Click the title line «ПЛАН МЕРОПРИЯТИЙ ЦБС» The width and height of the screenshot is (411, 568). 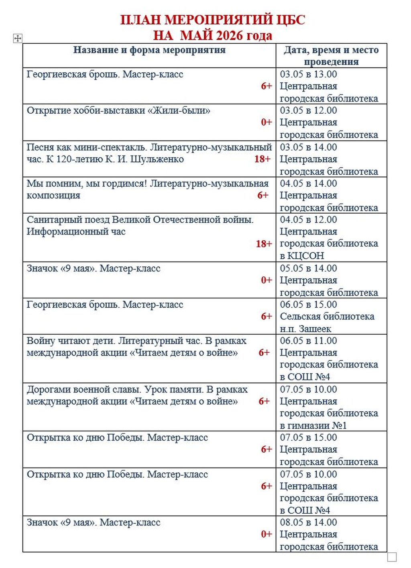pyautogui.click(x=213, y=20)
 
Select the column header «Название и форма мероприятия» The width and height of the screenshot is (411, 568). pyautogui.click(x=149, y=50)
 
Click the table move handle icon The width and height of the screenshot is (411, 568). pyautogui.click(x=18, y=39)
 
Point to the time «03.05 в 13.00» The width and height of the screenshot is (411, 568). pyautogui.click(x=308, y=74)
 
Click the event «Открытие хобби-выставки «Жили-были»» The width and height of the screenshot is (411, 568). pyautogui.click(x=118, y=110)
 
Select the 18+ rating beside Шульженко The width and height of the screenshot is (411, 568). pyautogui.click(x=262, y=159)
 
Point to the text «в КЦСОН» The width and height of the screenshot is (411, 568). pyautogui.click(x=302, y=256)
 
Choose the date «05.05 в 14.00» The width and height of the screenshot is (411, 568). pyautogui.click(x=308, y=268)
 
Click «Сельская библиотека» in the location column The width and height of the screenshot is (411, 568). pyautogui.click(x=327, y=317)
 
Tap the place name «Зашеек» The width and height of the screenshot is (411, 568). pyautogui.click(x=315, y=329)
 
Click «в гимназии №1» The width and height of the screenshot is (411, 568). pyautogui.click(x=313, y=425)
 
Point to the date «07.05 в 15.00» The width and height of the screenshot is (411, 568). pyautogui.click(x=308, y=437)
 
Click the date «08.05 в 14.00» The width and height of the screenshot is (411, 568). pyautogui.click(x=308, y=523)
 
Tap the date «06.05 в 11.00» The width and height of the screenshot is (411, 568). pyautogui.click(x=308, y=341)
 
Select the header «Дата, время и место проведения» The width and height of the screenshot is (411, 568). pyautogui.click(x=331, y=56)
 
